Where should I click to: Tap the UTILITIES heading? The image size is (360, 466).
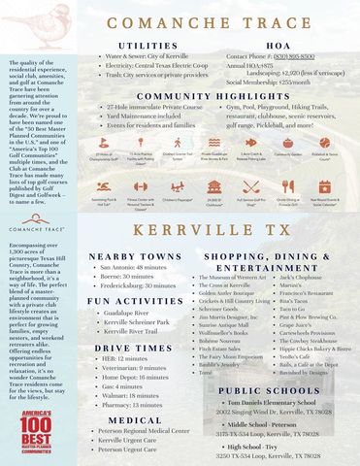pos(147,46)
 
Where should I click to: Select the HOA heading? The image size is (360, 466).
pos(278,46)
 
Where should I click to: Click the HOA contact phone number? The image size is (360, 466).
pos(287,56)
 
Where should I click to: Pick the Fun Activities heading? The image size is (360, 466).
pos(136,301)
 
